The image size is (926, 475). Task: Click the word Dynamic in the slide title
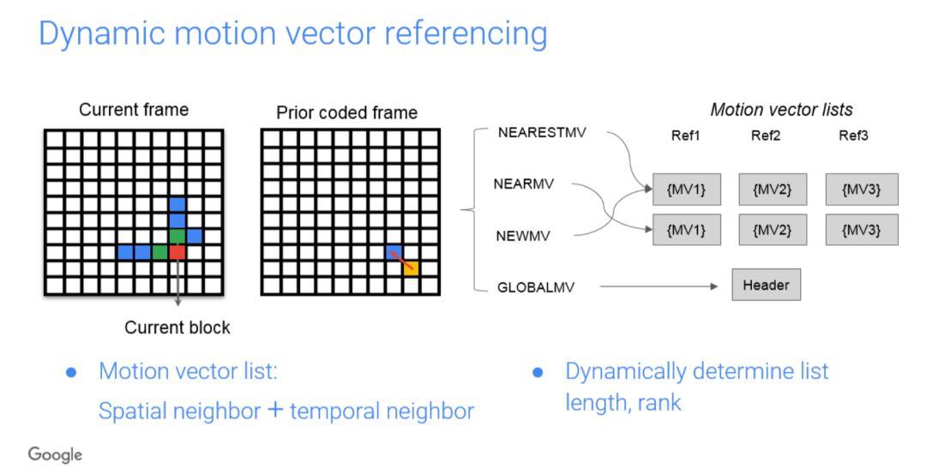95,34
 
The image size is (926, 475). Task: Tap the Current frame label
134,110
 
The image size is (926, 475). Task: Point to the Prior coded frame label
346,113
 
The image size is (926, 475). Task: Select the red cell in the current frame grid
177,252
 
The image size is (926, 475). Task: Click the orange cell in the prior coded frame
410,268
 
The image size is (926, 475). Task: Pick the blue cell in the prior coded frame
394,252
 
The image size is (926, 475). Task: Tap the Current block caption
177,328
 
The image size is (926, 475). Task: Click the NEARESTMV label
541,135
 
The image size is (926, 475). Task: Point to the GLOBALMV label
535,287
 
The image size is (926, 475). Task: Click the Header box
766,286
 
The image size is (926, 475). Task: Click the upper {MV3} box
863,189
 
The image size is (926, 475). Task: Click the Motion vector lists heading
781,110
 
